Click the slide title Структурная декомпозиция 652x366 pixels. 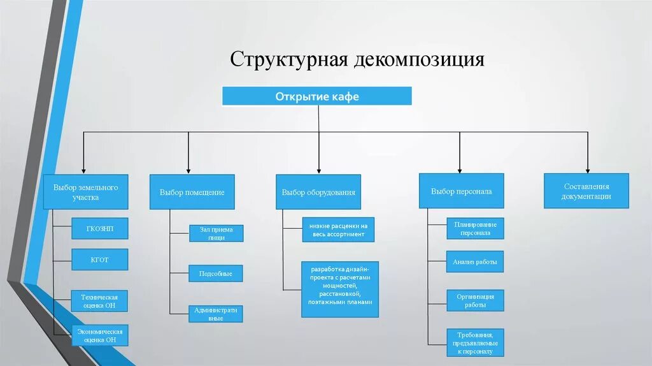357,59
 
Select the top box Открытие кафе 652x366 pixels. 317,96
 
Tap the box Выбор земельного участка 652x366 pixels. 85,192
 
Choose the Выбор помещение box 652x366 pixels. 192,192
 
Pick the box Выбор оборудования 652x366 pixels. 318,192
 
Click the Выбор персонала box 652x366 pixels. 461,191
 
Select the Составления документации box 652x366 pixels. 586,191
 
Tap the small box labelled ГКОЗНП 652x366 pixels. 100,228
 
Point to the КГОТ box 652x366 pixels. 100,260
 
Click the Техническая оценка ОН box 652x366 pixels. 100,301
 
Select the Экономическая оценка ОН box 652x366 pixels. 100,335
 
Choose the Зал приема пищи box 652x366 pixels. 216,233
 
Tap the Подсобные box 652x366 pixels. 216,274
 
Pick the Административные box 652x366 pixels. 216,314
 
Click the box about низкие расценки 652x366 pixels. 337,230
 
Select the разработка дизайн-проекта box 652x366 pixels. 340,289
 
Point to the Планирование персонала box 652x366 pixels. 475,228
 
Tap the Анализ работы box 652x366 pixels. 475,261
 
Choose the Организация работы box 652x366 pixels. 475,300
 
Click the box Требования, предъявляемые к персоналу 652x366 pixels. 475,342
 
